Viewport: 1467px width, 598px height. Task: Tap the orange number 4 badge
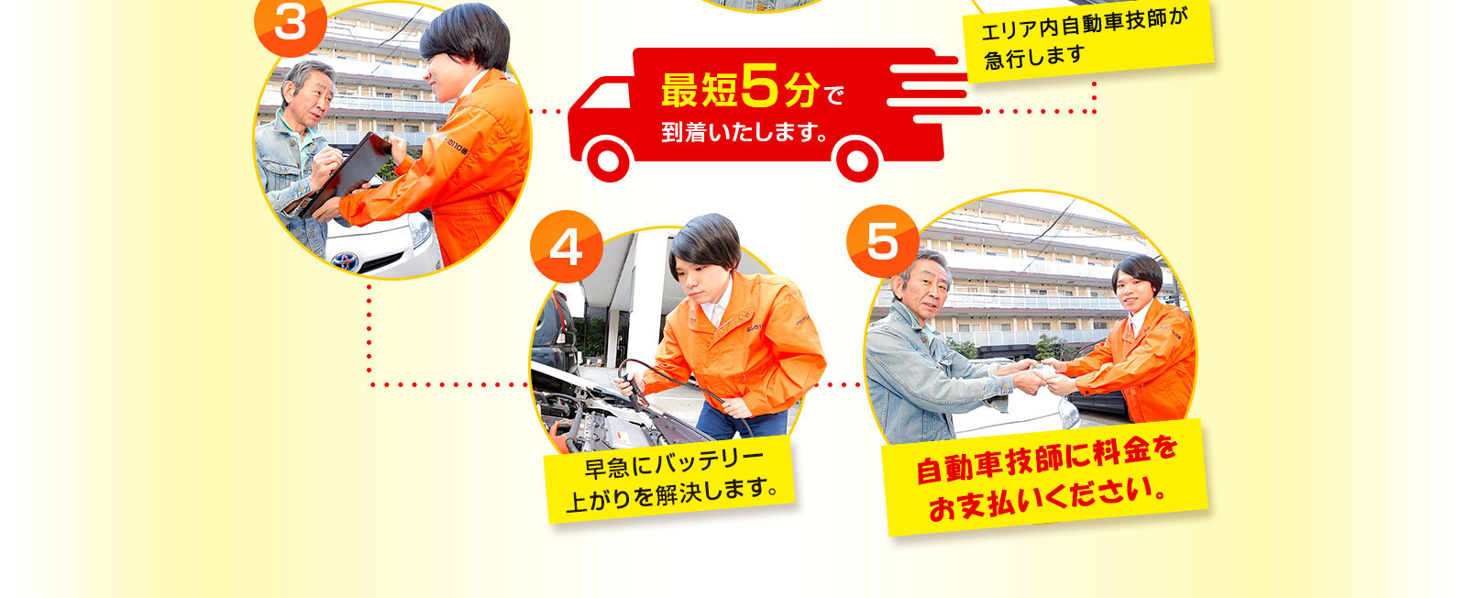(567, 247)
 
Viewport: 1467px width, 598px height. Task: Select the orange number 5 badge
(883, 241)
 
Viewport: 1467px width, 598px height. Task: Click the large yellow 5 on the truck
(760, 85)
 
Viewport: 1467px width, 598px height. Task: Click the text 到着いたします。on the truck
(745, 132)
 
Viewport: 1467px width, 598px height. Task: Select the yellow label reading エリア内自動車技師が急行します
(1087, 40)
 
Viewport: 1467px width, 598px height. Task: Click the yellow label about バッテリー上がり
(669, 480)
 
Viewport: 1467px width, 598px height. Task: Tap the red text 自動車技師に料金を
(1046, 460)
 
